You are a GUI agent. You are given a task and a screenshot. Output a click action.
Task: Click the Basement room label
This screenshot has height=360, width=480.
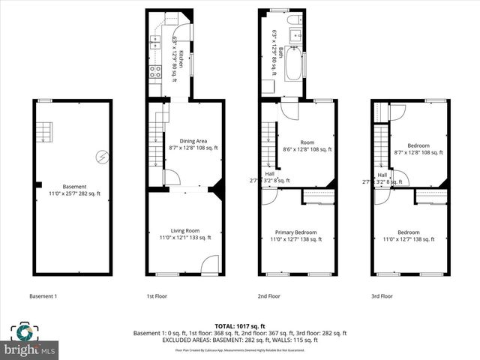pyautogui.click(x=74, y=190)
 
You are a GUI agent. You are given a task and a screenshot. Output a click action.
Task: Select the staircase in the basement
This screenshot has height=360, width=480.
pyautogui.click(x=45, y=132)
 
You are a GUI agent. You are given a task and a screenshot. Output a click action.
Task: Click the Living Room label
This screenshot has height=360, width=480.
pyautogui.click(x=184, y=234)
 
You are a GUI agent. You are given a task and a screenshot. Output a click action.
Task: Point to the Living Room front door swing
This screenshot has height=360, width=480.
pyautogui.click(x=211, y=265)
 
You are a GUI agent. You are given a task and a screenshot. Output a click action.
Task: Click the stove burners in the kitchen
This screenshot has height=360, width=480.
pyautogui.click(x=156, y=72)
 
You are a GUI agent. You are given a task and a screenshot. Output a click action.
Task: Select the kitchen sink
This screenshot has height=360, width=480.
pyautogui.click(x=156, y=41)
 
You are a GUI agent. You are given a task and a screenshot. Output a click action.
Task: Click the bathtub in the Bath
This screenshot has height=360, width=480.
pyautogui.click(x=292, y=64)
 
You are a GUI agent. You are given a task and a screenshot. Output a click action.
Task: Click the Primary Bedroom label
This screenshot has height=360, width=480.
pyautogui.click(x=295, y=235)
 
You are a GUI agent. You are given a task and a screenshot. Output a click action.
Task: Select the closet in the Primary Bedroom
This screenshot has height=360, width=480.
pyautogui.click(x=319, y=196)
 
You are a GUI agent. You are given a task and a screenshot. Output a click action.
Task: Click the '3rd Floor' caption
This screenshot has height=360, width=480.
pyautogui.click(x=382, y=296)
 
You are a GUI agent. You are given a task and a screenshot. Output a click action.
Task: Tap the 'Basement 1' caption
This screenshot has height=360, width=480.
pyautogui.click(x=43, y=296)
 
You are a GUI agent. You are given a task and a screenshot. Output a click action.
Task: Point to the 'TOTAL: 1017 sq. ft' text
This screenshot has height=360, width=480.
pyautogui.click(x=239, y=326)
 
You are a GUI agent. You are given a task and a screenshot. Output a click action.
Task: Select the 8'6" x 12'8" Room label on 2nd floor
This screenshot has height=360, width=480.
pyautogui.click(x=307, y=145)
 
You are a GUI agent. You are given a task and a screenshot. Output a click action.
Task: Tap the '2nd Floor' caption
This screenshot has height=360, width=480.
pyautogui.click(x=268, y=296)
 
